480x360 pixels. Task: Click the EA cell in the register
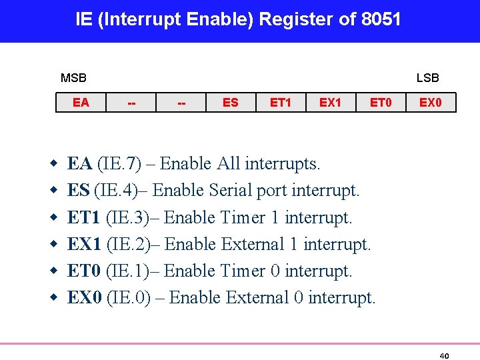(81, 103)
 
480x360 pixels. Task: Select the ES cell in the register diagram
(231, 103)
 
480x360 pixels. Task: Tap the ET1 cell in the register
(281, 103)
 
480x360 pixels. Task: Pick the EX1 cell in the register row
(331, 103)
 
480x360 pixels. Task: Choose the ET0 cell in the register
(381, 103)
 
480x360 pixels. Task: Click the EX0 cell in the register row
(431, 103)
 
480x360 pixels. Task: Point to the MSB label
(73, 78)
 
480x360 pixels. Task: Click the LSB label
(428, 78)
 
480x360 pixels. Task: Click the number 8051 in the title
(381, 19)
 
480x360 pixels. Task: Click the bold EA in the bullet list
(80, 164)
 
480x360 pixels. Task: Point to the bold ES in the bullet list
(79, 191)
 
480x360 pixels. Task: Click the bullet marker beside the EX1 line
(53, 245)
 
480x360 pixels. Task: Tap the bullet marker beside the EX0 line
(53, 298)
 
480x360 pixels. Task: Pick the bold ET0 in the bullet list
(84, 271)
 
